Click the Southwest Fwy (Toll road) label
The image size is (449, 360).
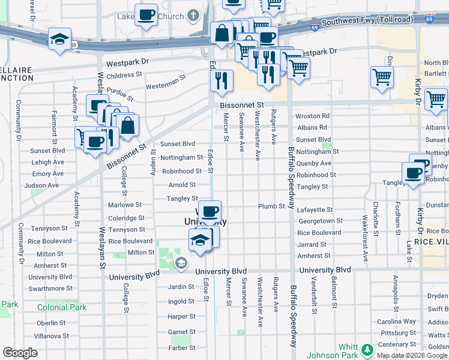(x=367, y=20)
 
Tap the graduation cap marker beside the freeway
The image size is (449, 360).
(x=59, y=40)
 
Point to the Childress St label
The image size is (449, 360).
(x=124, y=76)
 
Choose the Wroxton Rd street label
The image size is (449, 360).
(x=312, y=116)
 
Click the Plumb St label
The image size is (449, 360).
(x=271, y=206)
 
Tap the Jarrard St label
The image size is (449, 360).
(x=312, y=244)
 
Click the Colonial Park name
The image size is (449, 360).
(x=62, y=307)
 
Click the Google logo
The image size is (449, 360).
(x=20, y=353)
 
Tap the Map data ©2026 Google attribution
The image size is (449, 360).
(x=412, y=355)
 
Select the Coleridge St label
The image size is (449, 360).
(x=125, y=218)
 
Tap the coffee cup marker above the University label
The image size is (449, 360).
(x=209, y=211)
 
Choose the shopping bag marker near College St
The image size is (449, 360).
(x=127, y=125)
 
